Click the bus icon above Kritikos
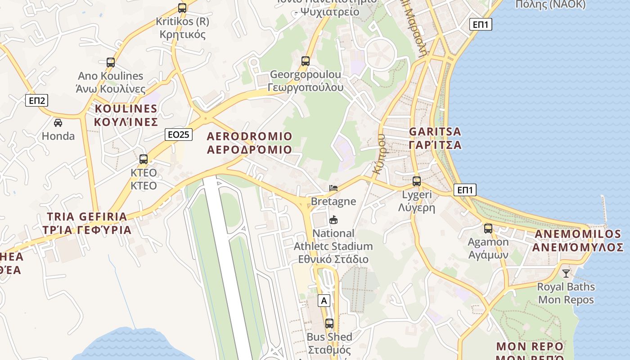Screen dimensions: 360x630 (182, 8)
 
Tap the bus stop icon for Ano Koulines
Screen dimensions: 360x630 (111, 63)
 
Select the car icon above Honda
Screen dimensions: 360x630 (58, 122)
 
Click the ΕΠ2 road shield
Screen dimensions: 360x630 (36, 100)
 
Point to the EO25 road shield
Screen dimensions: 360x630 (179, 134)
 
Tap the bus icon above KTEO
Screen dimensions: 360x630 (144, 159)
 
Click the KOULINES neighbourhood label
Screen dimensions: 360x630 (126, 115)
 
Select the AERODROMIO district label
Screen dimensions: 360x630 (249, 143)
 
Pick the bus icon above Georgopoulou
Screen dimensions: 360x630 (306, 61)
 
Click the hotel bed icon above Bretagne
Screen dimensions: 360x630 (333, 188)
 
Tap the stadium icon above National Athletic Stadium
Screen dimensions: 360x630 (333, 220)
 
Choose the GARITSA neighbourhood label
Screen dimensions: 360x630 (435, 138)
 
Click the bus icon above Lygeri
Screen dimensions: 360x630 (417, 181)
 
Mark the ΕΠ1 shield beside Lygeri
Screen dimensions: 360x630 (465, 190)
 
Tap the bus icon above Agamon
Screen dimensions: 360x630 (488, 229)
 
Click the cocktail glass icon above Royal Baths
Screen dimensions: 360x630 (566, 273)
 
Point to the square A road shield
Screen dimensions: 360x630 (324, 301)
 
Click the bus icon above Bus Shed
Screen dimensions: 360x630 (329, 324)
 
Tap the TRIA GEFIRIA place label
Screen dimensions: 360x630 (87, 223)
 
